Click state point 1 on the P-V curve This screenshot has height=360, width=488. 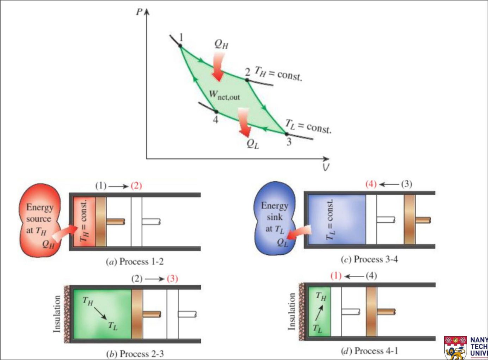(180, 45)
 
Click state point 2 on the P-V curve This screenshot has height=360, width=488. (247, 80)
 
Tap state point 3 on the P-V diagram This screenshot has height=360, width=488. (287, 134)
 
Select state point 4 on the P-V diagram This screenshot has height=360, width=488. (217, 112)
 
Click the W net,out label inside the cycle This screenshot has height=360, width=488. (224, 95)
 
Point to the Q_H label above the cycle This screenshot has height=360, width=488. (221, 44)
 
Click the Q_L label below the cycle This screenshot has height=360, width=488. (253, 144)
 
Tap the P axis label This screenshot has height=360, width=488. (140, 12)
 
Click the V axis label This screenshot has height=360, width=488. (326, 167)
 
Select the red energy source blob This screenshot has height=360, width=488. (39, 220)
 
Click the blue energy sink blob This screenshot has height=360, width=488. (274, 218)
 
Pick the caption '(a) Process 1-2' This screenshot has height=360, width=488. (135, 262)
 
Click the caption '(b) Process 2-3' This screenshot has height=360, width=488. (135, 353)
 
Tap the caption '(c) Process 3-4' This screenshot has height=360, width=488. (369, 260)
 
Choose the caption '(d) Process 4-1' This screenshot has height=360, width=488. (369, 351)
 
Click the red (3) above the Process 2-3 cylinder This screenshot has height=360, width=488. (172, 279)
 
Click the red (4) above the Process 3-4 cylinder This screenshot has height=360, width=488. (371, 184)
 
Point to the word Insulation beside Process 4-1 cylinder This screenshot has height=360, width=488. (292, 312)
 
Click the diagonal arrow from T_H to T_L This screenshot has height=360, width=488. (100, 313)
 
